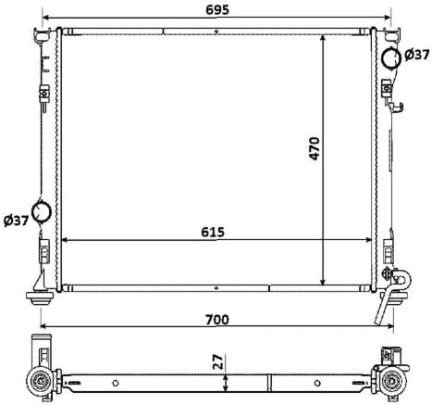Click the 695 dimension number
click(x=217, y=10)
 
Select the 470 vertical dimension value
click(x=315, y=148)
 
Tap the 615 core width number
click(x=213, y=232)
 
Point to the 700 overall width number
click(x=217, y=320)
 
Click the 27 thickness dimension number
click(x=217, y=361)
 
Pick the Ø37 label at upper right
click(x=416, y=55)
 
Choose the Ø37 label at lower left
click(x=16, y=221)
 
